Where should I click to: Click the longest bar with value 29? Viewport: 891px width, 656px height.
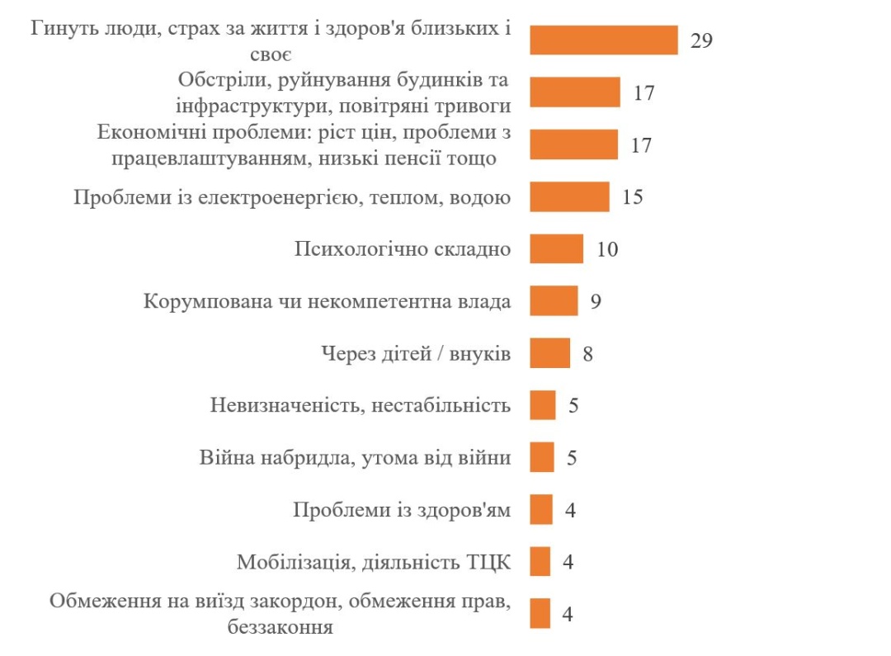pyautogui.click(x=603, y=40)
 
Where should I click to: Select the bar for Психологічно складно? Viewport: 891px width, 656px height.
pyautogui.click(x=556, y=248)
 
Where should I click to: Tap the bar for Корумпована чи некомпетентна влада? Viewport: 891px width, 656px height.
pyautogui.click(x=553, y=301)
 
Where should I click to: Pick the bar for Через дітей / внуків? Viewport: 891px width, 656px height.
pyautogui.click(x=549, y=353)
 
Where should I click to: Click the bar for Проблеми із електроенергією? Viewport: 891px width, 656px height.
pyautogui.click(x=569, y=197)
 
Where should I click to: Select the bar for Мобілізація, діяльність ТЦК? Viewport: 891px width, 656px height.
pyautogui.click(x=540, y=562)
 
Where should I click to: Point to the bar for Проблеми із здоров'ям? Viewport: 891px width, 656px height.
pyautogui.click(x=541, y=509)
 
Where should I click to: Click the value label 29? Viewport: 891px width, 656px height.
pyautogui.click(x=701, y=40)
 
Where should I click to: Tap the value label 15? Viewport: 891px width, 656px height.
pyautogui.click(x=632, y=197)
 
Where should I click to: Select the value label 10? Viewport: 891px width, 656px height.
pyautogui.click(x=607, y=249)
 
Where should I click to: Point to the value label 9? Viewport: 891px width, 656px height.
pyautogui.click(x=595, y=301)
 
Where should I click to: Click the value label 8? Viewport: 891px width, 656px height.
pyautogui.click(x=587, y=354)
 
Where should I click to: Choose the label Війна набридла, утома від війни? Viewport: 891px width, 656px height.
pyautogui.click(x=355, y=458)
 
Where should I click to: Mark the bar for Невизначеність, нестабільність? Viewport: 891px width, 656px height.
pyautogui.click(x=542, y=405)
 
